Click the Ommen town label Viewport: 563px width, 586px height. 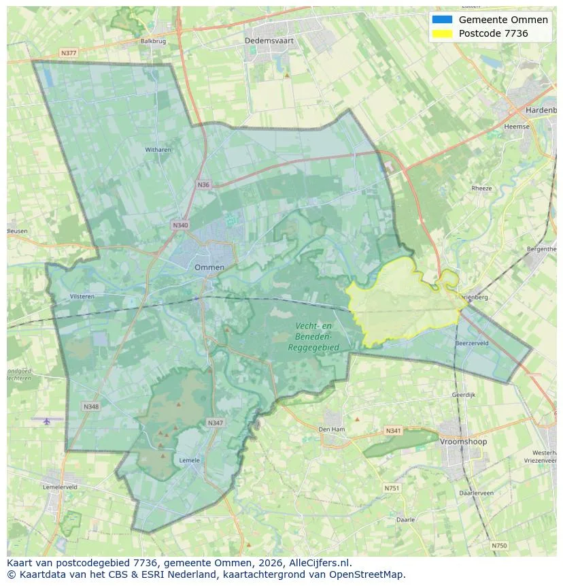[x=209, y=267]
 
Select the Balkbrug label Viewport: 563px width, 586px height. [x=153, y=41]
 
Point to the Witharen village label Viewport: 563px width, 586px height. [x=158, y=150]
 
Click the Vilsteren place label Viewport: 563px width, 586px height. [x=82, y=297]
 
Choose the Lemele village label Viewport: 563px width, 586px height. [x=189, y=460]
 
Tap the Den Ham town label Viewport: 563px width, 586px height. [x=332, y=429]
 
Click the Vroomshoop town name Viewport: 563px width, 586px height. [x=463, y=442]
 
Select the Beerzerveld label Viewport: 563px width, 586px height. [x=472, y=344]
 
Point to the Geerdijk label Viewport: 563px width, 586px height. [x=463, y=395]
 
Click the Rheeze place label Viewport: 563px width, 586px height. [x=481, y=189]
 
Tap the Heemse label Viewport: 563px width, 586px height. [x=517, y=127]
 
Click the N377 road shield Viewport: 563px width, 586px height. [x=68, y=52]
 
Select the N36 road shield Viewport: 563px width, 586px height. [x=203, y=184]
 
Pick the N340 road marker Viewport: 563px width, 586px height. [x=180, y=225]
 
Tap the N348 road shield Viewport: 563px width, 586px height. [x=90, y=406]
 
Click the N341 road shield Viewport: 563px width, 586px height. [x=393, y=431]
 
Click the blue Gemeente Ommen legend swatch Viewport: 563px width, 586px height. [x=441, y=20]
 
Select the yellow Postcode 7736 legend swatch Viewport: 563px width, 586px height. [x=441, y=33]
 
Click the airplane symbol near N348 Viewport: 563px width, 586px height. [x=47, y=421]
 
